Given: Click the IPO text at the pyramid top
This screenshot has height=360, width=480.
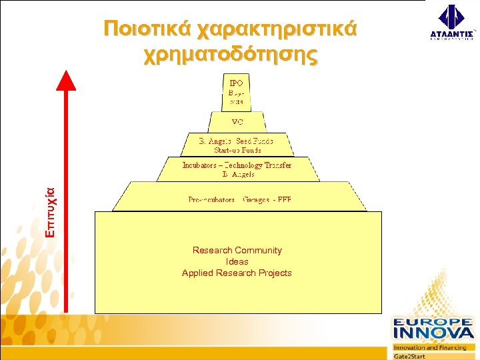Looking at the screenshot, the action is tap(236, 83).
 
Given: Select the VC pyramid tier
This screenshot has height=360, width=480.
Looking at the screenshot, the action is tap(237, 123).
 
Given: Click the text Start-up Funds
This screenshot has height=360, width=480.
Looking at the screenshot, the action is tap(237, 150).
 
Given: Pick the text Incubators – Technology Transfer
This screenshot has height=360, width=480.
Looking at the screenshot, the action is tap(237, 165).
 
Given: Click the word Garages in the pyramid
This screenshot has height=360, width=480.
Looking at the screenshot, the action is tap(257, 199).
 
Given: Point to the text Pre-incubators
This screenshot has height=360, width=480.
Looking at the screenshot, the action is tap(211, 199).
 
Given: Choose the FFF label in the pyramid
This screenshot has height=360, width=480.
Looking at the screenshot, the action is tap(285, 199).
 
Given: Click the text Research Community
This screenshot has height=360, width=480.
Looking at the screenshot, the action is tap(237, 250).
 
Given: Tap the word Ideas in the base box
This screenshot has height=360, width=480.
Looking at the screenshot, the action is tap(237, 261).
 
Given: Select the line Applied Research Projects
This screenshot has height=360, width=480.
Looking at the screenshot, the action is tap(237, 273).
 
